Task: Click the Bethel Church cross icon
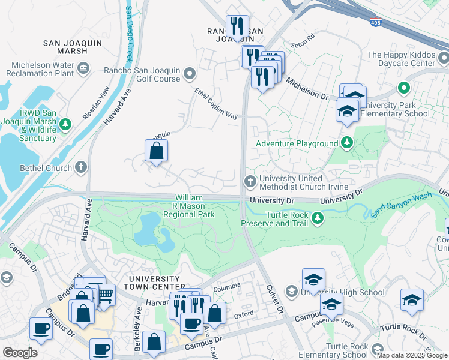82,168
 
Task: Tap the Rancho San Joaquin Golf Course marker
190,74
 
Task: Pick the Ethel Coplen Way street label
215,103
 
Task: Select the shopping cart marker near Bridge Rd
106,294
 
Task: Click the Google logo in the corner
20,352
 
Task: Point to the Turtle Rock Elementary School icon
378,349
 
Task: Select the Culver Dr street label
273,300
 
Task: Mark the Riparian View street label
97,103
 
